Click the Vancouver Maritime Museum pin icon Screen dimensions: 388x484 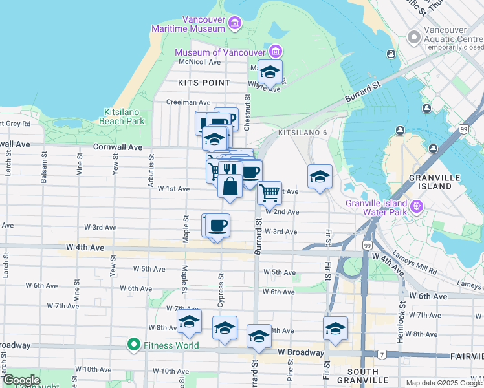[x=234, y=25]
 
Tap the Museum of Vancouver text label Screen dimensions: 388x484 [x=221, y=52]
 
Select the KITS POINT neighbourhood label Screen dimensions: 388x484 [x=204, y=83]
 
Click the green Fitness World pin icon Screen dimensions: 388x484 [x=134, y=345]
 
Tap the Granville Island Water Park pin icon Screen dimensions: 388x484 [x=417, y=207]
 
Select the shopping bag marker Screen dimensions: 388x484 [x=230, y=186]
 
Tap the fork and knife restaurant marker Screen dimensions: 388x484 [x=227, y=170]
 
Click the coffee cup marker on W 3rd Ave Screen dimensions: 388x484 [x=219, y=225]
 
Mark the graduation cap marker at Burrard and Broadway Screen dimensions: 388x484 [x=259, y=336]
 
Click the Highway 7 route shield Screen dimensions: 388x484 [x=382, y=354]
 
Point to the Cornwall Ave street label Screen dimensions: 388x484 [x=118, y=147]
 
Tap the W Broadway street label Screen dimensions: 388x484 [x=301, y=353]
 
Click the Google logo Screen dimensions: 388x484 [x=21, y=380]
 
